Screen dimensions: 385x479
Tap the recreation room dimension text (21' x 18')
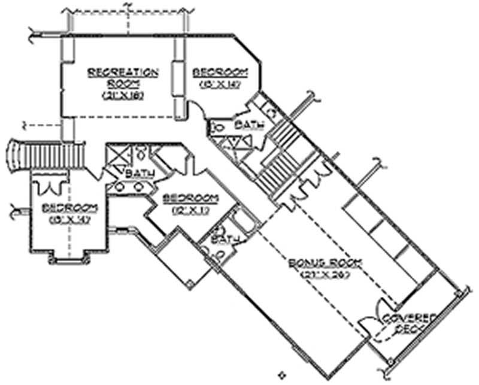123,95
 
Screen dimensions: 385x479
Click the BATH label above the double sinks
141,173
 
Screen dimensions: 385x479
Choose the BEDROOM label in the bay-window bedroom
69,208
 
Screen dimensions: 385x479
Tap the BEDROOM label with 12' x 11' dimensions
189,198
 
